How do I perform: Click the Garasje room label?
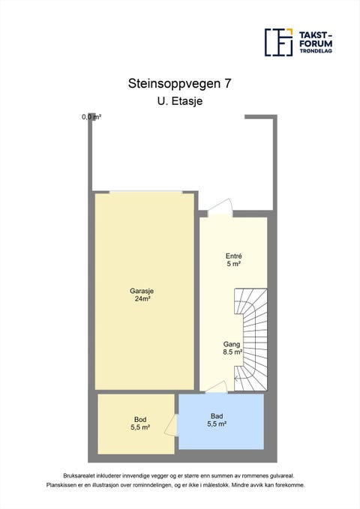(x=142, y=291)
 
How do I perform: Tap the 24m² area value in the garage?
(x=142, y=298)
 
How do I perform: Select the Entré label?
(x=233, y=256)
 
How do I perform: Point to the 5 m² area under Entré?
(x=233, y=264)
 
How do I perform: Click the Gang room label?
(x=232, y=344)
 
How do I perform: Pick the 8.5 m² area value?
(x=232, y=352)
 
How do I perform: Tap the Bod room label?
(x=140, y=420)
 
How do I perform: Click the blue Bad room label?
(x=217, y=416)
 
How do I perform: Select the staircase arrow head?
(x=237, y=378)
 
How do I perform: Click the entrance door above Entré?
(x=220, y=208)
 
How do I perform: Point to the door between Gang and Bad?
(x=217, y=387)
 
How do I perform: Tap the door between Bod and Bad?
(x=171, y=424)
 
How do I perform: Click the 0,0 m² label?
(x=91, y=117)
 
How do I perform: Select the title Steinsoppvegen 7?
(x=180, y=83)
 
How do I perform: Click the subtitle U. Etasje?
(x=180, y=101)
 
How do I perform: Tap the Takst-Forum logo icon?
(x=278, y=42)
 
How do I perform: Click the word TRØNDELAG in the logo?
(x=316, y=51)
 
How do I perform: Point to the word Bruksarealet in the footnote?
(x=77, y=476)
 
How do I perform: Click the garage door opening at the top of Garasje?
(x=146, y=192)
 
